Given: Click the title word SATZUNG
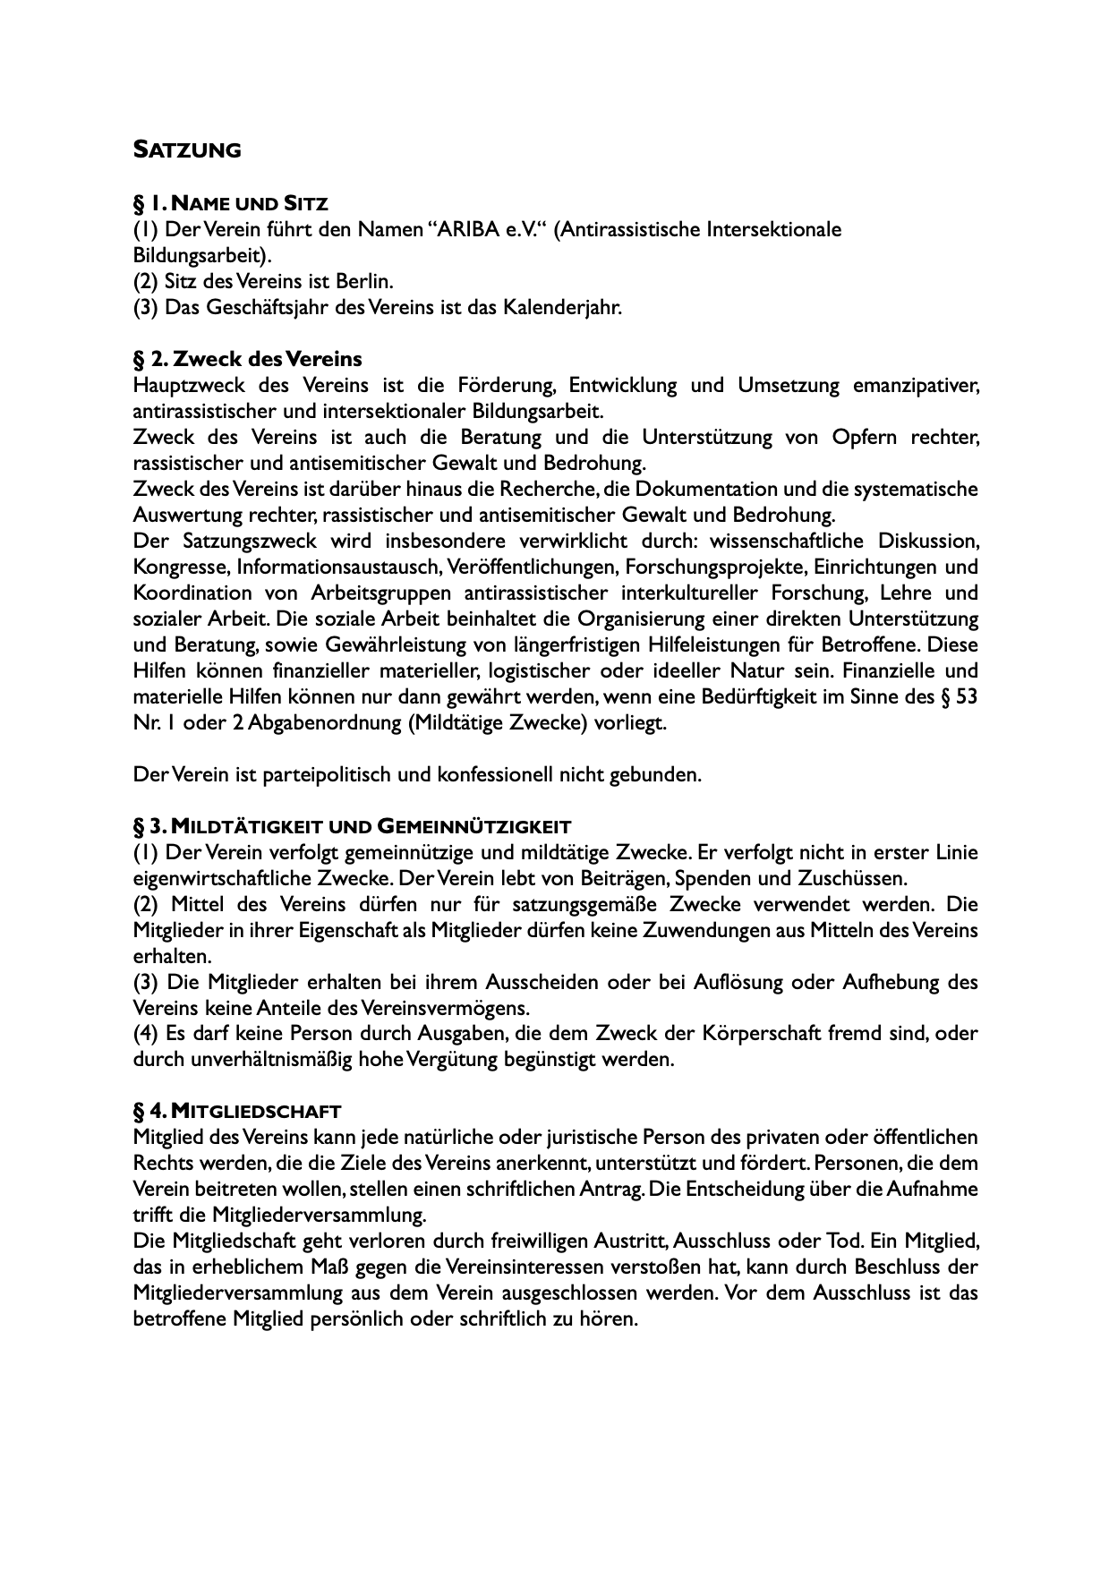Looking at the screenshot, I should pos(187,150).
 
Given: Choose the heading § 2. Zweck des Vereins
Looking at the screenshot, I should pos(248,359).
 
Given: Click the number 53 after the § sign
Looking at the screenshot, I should pos(967,696).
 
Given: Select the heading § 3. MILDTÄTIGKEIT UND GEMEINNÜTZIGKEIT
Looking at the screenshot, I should pos(353,825).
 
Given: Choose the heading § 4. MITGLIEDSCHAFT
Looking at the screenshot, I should pos(237,1112).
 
